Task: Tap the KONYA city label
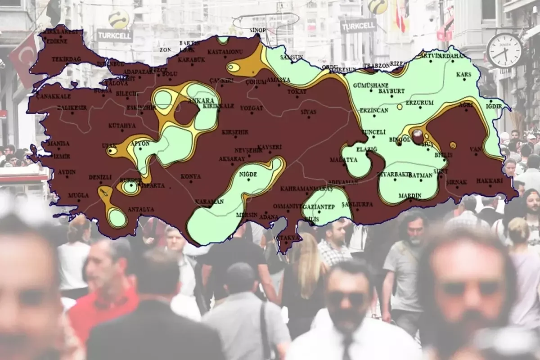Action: [191, 176]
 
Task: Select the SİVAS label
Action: [309, 112]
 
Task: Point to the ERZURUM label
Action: [419, 103]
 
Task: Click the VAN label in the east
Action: [475, 149]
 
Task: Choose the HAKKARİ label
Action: [489, 181]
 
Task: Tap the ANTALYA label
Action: [141, 209]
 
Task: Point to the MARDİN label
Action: [409, 196]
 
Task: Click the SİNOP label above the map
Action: [257, 30]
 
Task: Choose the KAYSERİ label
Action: [270, 147]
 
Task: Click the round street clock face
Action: [504, 50]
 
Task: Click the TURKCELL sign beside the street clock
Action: [358, 26]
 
